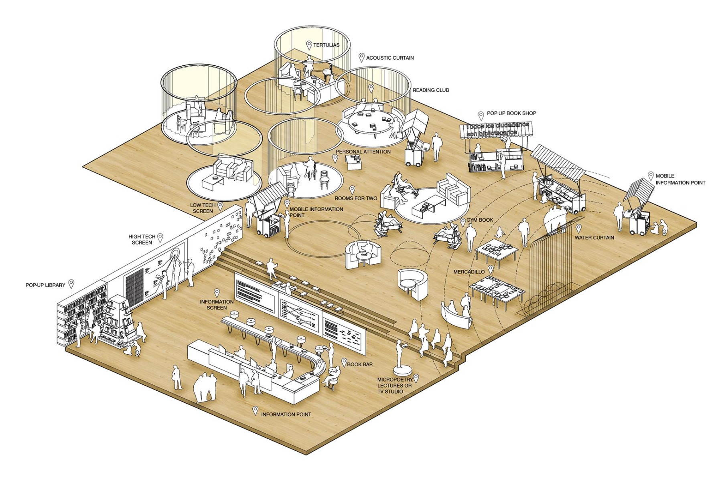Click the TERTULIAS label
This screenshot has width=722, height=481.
pyautogui.click(x=326, y=45)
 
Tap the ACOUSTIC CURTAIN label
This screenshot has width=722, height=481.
pyautogui.click(x=389, y=58)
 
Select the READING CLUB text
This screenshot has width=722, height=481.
pyautogui.click(x=431, y=90)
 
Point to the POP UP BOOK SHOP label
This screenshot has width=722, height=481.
pyautogui.click(x=511, y=113)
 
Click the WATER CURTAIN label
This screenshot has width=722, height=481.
pyautogui.click(x=594, y=238)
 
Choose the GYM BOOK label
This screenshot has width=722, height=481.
pyautogui.click(x=480, y=220)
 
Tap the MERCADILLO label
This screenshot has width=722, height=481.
pyautogui.click(x=469, y=272)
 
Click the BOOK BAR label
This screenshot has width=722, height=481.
pyautogui.click(x=359, y=364)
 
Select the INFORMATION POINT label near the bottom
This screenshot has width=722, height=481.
pyautogui.click(x=286, y=414)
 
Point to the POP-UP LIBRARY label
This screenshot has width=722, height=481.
pyautogui.click(x=45, y=285)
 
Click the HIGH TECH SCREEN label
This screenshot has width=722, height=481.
pyautogui.click(x=142, y=240)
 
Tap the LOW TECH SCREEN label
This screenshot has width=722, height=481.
pyautogui.click(x=203, y=208)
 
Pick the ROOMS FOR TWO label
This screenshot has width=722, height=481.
pyautogui.click(x=356, y=198)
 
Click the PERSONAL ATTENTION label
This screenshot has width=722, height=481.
pyautogui.click(x=363, y=152)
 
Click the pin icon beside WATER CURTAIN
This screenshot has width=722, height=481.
pyautogui.click(x=578, y=228)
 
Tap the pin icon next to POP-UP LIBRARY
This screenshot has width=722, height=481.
pyautogui.click(x=71, y=284)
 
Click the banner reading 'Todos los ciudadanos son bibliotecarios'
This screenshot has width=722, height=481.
pyautogui.click(x=497, y=129)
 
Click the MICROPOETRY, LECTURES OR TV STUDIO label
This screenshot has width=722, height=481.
pyautogui.click(x=394, y=385)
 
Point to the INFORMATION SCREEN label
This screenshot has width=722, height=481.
pyautogui.click(x=217, y=305)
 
